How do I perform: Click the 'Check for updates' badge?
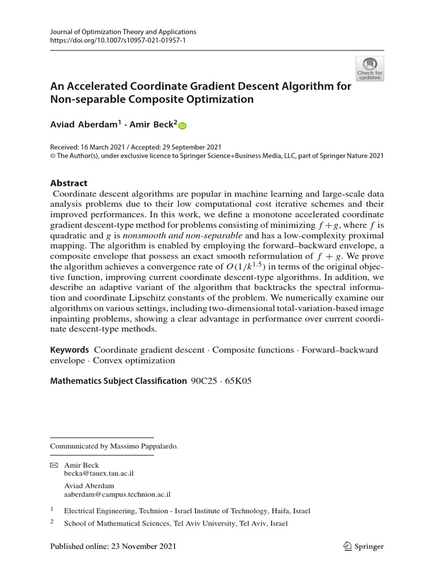[369, 69]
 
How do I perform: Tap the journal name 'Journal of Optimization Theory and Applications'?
[123, 32]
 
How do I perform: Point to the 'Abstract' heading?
[69, 183]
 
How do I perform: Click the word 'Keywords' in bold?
[70, 350]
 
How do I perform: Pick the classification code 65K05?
[240, 381]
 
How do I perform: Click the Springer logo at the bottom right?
[364, 547]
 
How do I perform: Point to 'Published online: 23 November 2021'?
[113, 547]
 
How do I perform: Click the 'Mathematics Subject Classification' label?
[118, 381]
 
